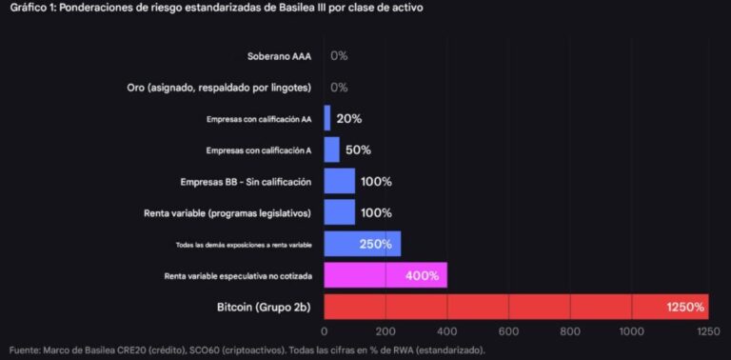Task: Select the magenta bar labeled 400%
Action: (x=385, y=275)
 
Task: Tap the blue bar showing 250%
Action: (x=362, y=244)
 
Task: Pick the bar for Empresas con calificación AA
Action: (x=327, y=118)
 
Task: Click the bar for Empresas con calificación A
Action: (x=331, y=150)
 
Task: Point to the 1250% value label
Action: (x=685, y=307)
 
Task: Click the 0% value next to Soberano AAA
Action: (x=339, y=56)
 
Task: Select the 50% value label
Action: (x=358, y=150)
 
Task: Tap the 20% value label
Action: (x=348, y=118)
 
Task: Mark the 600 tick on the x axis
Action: (x=509, y=331)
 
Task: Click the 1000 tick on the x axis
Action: (x=632, y=331)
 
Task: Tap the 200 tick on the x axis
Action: (x=385, y=331)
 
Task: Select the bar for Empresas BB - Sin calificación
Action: (x=339, y=181)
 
